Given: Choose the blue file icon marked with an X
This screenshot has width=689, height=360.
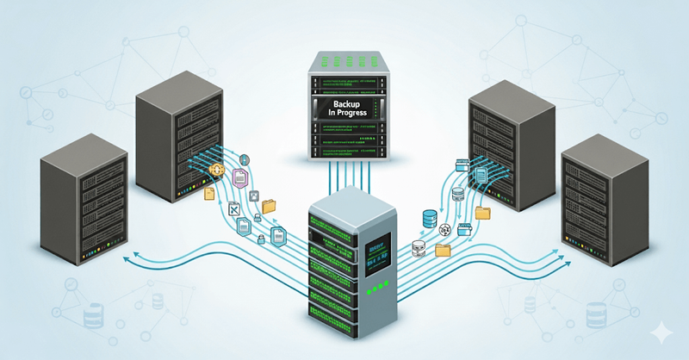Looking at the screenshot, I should pos(233,208).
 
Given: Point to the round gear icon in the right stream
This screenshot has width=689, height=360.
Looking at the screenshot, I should pos(445,229).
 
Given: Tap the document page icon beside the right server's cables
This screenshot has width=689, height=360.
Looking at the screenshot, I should pos(481,174).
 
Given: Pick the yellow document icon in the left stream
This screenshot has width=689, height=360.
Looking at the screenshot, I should pos(208,195).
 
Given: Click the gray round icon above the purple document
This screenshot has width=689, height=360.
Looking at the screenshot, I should pos(244,160).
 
